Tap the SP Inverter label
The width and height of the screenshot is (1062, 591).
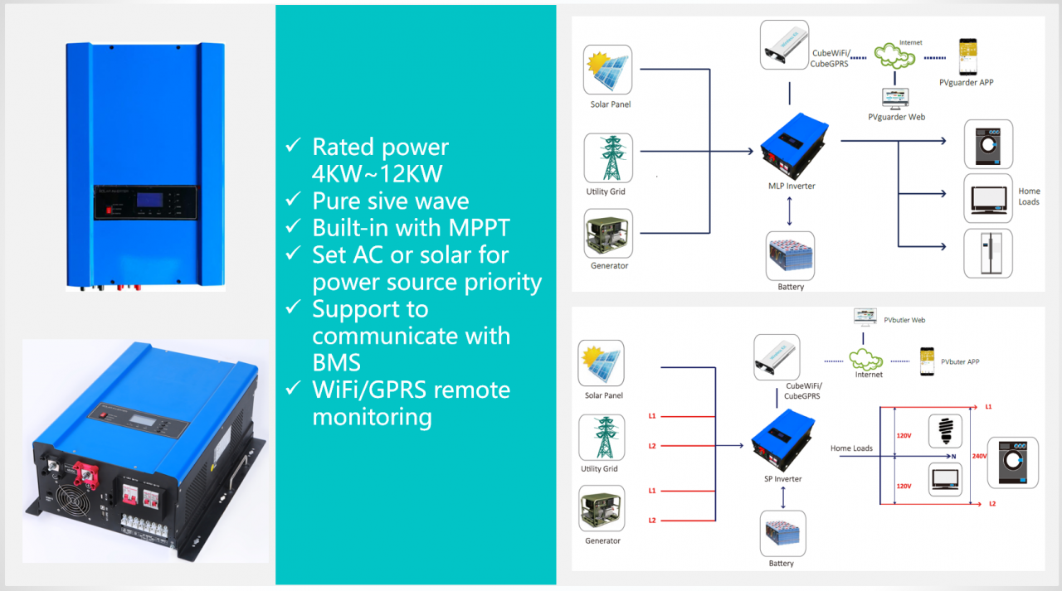point(782,478)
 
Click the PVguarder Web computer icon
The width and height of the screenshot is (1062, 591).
point(895,98)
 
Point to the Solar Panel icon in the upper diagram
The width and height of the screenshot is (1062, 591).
point(608,72)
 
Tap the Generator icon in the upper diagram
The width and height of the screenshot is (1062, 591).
point(608,233)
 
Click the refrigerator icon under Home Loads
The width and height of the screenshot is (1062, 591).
point(987,253)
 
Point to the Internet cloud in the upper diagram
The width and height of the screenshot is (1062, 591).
point(895,56)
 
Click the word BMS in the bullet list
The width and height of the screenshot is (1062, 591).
point(336,362)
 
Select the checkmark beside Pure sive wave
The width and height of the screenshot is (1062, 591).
point(293,200)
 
